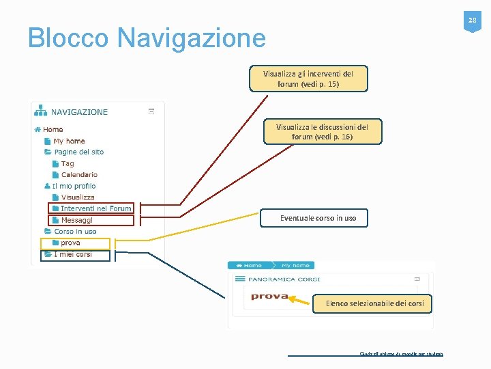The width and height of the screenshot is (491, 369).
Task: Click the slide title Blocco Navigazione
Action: pyautogui.click(x=147, y=38)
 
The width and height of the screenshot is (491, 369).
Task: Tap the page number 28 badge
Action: pyautogui.click(x=471, y=22)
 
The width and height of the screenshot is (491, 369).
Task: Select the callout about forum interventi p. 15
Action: pyautogui.click(x=308, y=79)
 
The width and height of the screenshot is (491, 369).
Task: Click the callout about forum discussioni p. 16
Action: pyautogui.click(x=322, y=131)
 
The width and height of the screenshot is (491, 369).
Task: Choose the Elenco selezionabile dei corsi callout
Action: pyautogui.click(x=374, y=303)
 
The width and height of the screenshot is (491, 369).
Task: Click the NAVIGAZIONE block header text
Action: pyautogui.click(x=79, y=112)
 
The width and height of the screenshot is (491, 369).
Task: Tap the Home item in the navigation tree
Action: pyautogui.click(x=53, y=129)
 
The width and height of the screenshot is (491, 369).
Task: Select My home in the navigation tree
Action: pyautogui.click(x=69, y=141)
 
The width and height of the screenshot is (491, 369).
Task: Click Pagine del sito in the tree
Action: pyautogui.click(x=78, y=152)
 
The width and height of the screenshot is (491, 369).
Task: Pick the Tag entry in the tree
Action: pyautogui.click(x=68, y=163)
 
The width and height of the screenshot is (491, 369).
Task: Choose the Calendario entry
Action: pyautogui.click(x=79, y=174)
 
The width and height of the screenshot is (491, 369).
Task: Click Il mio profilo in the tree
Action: pyautogui.click(x=74, y=186)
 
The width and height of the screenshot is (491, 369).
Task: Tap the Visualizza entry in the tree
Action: pyautogui.click(x=78, y=197)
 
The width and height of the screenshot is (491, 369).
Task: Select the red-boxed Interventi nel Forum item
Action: pyautogui.click(x=95, y=208)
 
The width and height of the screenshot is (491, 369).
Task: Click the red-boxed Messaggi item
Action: pyautogui.click(x=76, y=220)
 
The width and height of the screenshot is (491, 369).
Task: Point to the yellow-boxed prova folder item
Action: pyautogui.click(x=70, y=243)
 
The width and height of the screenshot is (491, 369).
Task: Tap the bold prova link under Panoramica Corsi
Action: pyautogui.click(x=269, y=296)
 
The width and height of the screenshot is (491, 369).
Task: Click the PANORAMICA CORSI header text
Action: pyautogui.click(x=283, y=279)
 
